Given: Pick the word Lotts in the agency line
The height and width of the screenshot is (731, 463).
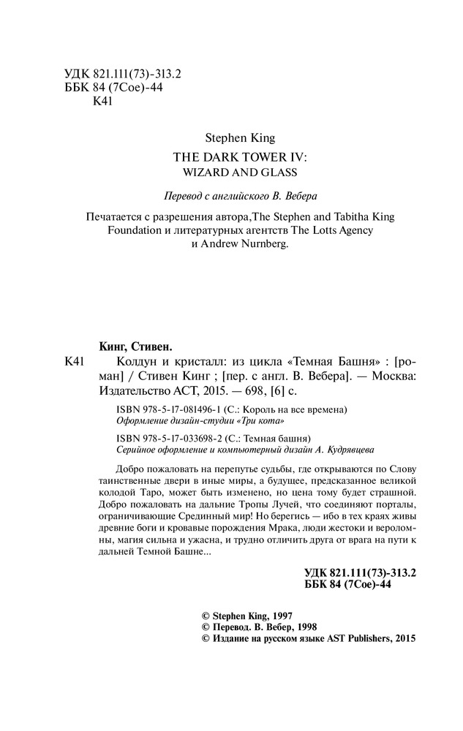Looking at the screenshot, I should point(312,231).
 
